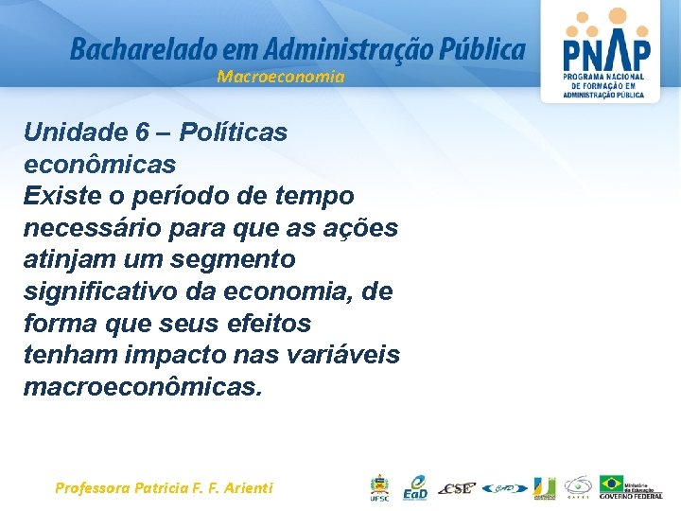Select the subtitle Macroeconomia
281,77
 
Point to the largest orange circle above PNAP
616,15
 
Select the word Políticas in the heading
233,132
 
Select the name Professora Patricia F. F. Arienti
164,488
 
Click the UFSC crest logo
378,487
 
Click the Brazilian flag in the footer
612,483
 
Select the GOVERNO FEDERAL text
631,496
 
